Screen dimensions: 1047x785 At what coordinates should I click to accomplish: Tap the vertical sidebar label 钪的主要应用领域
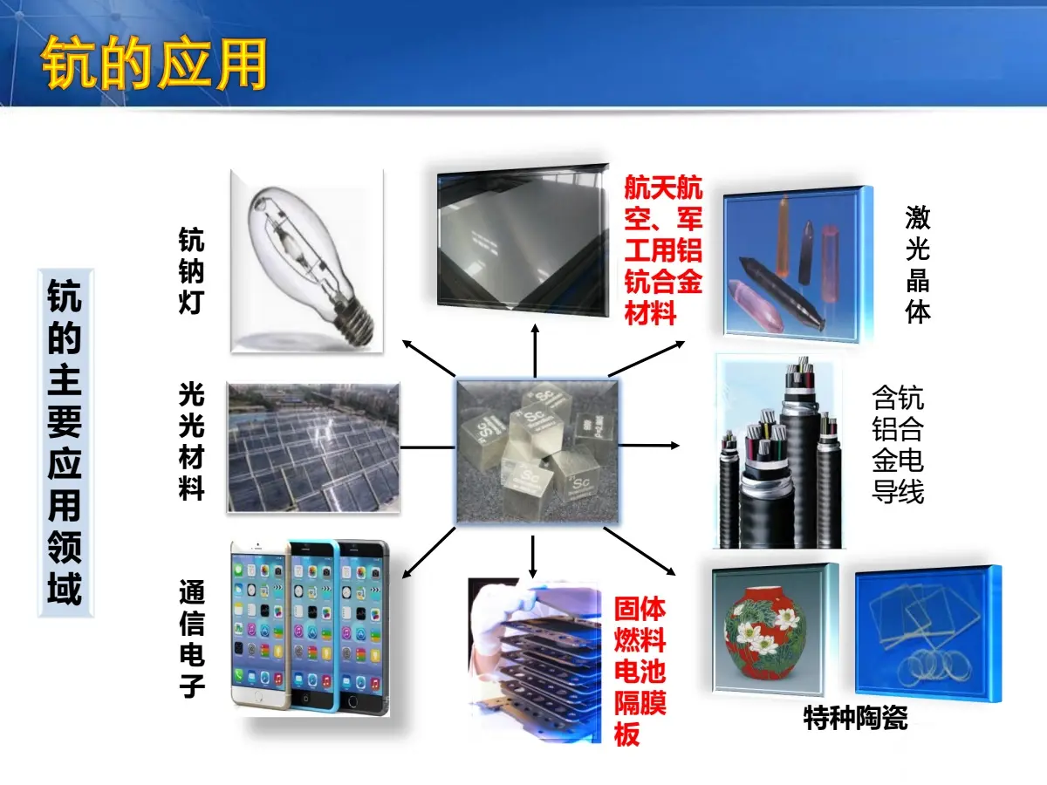[65, 442]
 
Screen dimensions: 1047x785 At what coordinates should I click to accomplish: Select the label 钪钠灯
[191, 270]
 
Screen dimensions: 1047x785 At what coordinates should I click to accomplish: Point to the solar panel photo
[313, 447]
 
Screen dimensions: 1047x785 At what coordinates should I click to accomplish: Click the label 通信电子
[192, 638]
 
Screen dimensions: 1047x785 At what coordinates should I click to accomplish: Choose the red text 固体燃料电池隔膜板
[640, 671]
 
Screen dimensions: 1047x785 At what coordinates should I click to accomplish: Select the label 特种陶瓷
[856, 718]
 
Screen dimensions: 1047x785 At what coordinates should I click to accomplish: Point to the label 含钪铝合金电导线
[898, 444]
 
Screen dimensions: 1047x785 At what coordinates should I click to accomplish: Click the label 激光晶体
[918, 264]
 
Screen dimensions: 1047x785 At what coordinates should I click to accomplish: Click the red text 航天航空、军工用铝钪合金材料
[663, 249]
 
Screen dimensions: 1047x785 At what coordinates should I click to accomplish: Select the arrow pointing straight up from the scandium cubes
[535, 351]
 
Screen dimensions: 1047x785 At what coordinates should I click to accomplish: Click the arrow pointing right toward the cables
[649, 445]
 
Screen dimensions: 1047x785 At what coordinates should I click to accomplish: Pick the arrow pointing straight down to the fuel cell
[533, 556]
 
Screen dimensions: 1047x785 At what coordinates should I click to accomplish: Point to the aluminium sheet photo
[523, 239]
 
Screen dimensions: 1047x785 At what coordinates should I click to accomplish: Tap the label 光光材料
[191, 440]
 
